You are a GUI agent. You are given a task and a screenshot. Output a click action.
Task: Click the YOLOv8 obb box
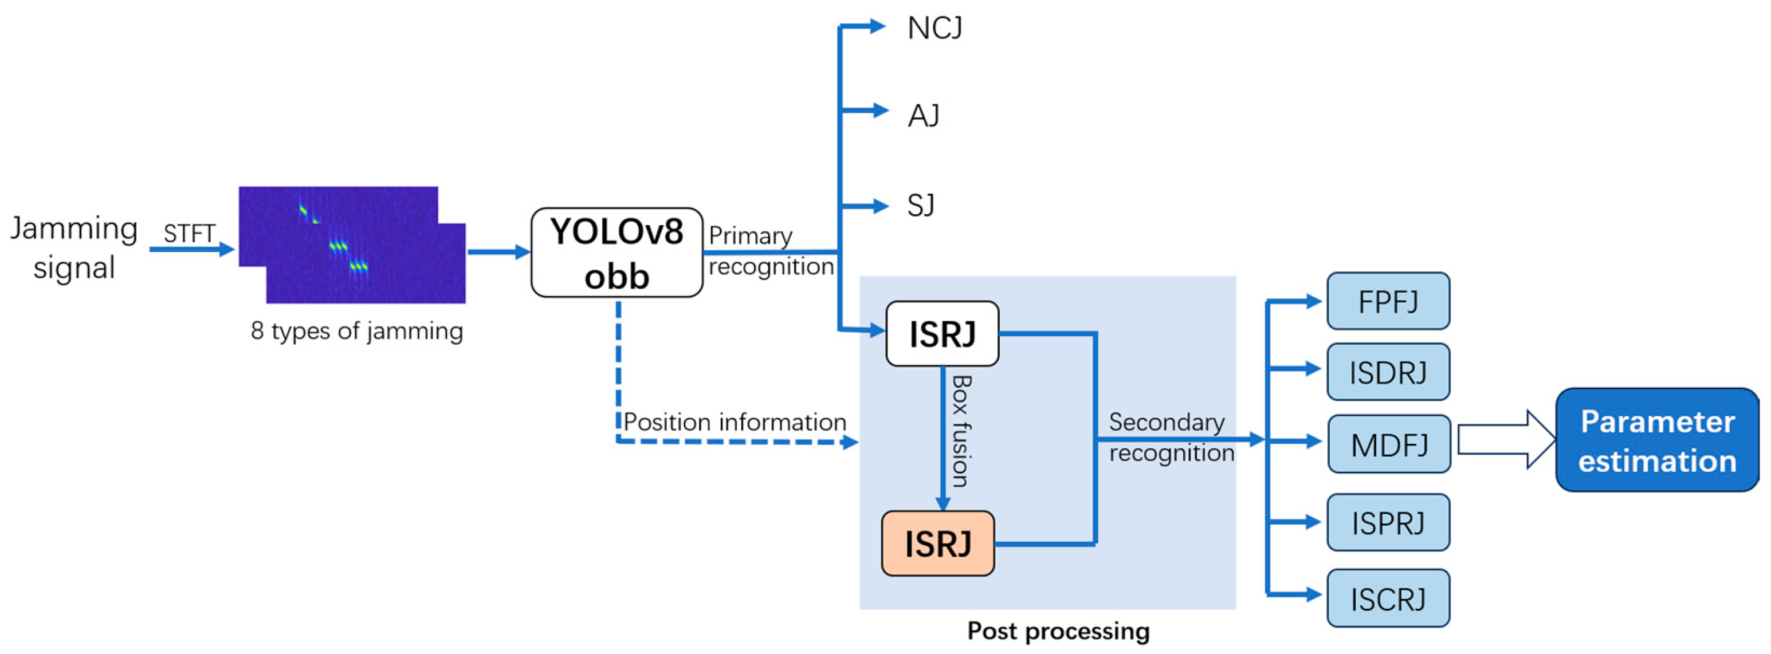click(616, 253)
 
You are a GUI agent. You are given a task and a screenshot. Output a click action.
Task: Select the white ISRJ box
click(942, 334)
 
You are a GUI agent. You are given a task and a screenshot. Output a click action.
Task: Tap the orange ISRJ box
click(938, 543)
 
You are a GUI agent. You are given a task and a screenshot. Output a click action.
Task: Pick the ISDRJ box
click(1388, 372)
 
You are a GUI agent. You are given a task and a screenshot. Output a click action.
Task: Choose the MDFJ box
click(1389, 444)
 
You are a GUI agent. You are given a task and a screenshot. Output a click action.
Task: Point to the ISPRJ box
click(1388, 523)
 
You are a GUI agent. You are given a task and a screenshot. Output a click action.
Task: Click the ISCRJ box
click(1388, 598)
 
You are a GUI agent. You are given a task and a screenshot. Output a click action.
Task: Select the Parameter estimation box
click(1657, 440)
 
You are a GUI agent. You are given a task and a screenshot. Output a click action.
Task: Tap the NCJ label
click(934, 28)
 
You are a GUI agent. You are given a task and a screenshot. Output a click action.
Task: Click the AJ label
click(923, 116)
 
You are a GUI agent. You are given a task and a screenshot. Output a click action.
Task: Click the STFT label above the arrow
click(189, 234)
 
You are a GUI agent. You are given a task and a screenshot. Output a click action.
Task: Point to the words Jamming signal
click(74, 247)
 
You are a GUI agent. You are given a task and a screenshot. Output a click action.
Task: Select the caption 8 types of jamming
click(357, 331)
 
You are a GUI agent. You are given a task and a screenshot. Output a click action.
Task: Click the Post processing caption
click(1058, 631)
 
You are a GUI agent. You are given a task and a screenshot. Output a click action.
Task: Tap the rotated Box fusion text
click(960, 431)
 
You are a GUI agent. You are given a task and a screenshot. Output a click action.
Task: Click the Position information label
click(735, 422)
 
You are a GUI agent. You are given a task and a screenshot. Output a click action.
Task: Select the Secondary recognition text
click(1171, 438)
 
